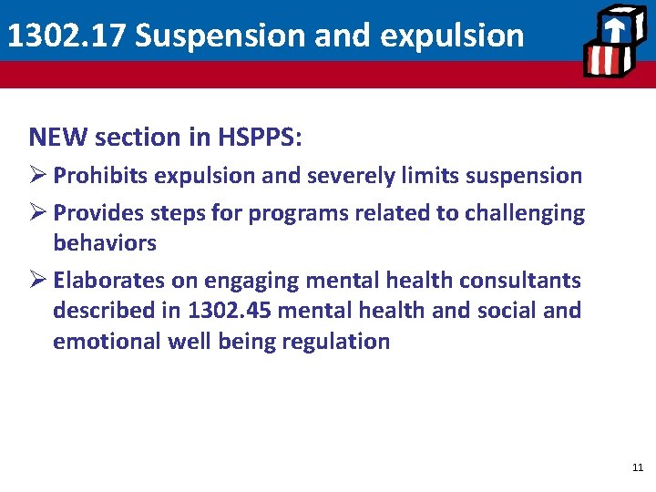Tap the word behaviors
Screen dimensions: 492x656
tap(105, 243)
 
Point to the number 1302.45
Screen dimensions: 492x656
tap(231, 311)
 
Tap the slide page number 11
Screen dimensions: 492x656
tap(637, 467)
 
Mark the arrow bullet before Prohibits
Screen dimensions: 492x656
tap(37, 175)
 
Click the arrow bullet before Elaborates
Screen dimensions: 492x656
tap(37, 281)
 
